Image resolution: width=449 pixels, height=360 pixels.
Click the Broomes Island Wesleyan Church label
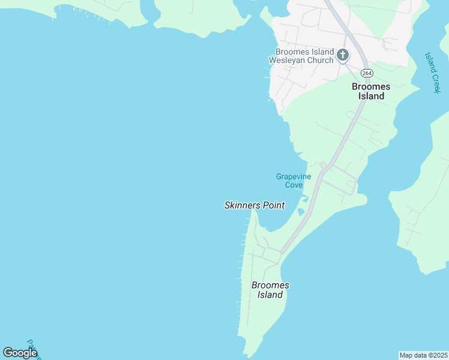[304, 56]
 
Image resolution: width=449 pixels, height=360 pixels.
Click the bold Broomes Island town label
[370, 91]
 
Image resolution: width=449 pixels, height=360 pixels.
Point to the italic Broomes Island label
[270, 290]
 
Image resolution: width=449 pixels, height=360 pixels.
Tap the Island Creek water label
[432, 72]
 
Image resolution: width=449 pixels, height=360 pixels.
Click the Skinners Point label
[255, 205]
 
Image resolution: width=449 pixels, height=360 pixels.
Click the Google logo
[20, 353]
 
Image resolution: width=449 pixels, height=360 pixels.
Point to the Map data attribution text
[423, 355]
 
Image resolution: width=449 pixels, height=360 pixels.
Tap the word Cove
[294, 185]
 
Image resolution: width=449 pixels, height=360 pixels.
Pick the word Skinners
[241, 205]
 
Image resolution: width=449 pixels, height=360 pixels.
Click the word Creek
[435, 82]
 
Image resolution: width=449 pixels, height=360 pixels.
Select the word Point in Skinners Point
[273, 205]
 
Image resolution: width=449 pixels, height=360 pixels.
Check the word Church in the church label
[321, 60]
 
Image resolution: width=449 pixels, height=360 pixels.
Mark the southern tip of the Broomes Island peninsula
[246, 355]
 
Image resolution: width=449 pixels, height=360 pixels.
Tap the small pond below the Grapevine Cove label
[301, 211]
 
